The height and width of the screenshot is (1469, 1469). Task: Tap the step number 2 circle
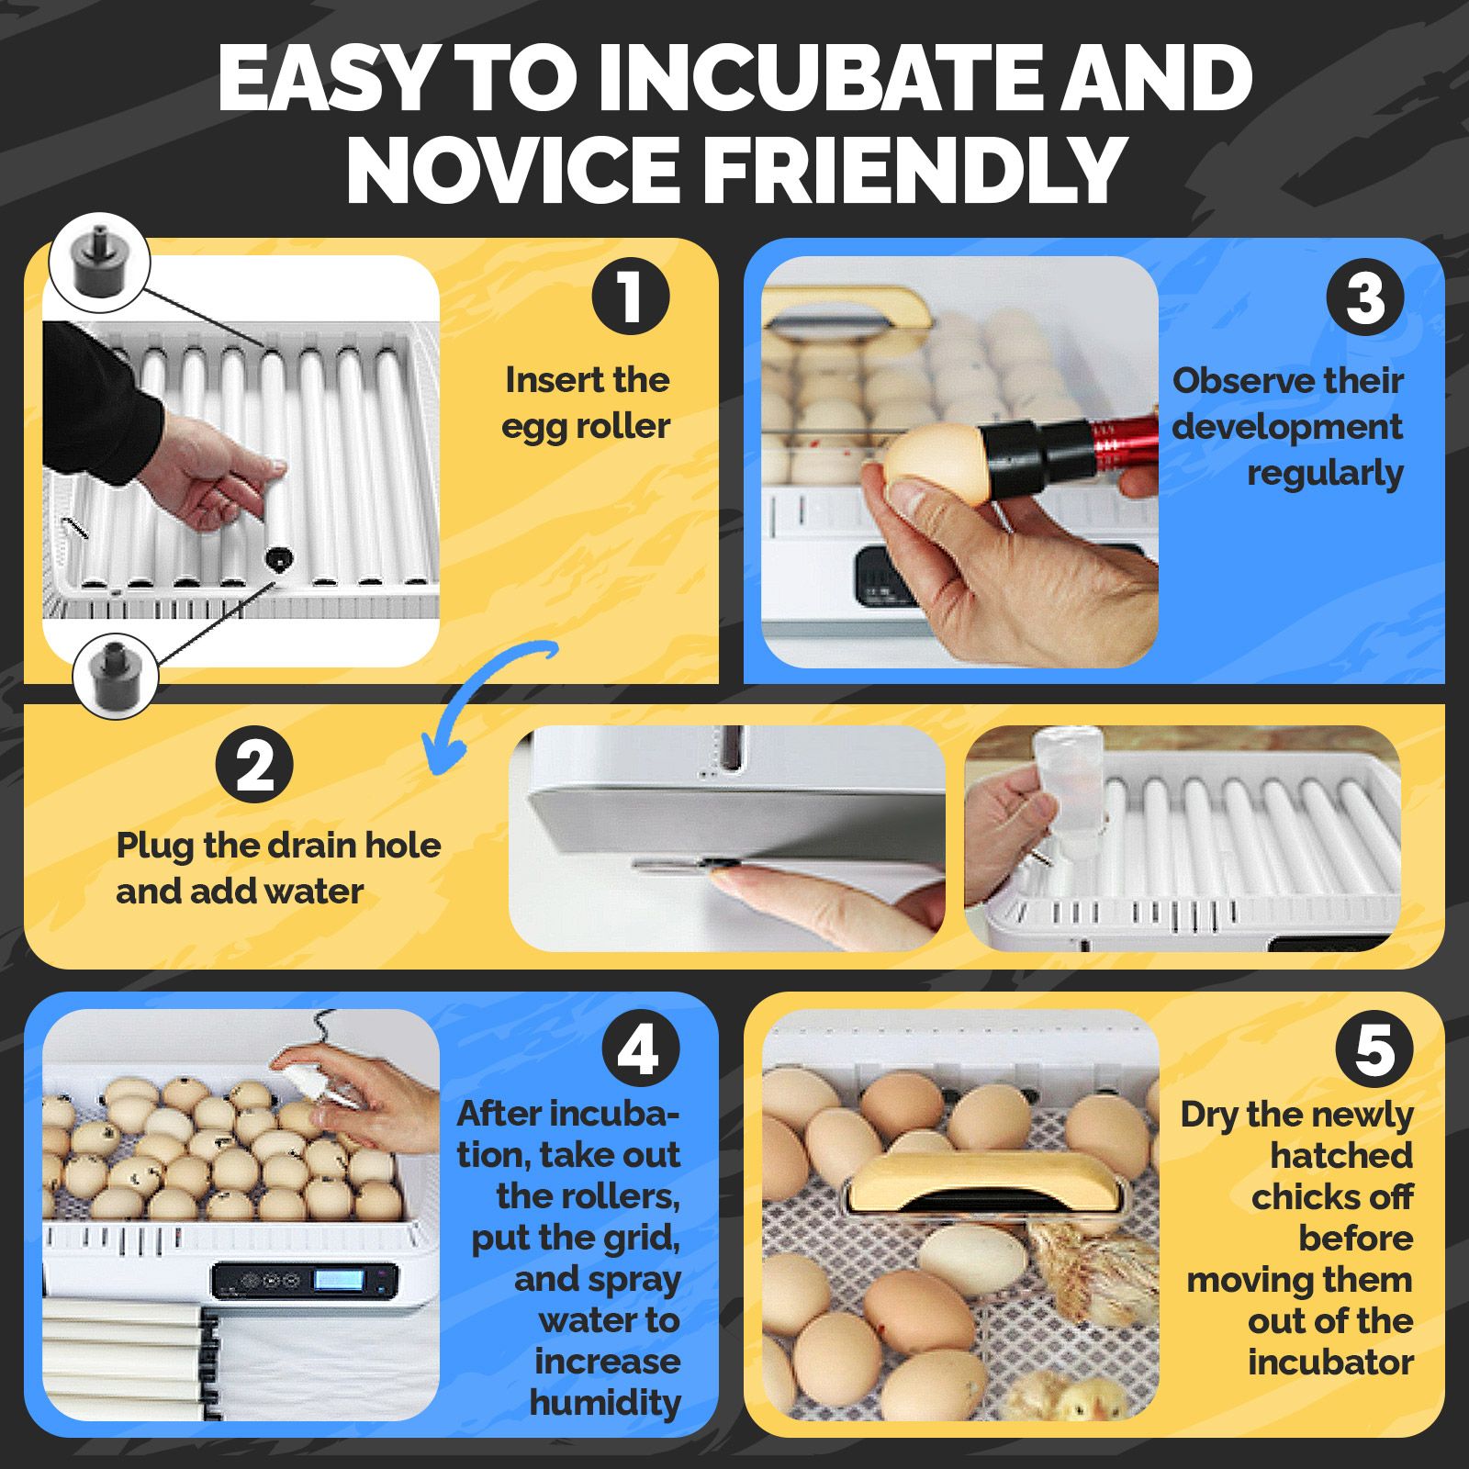click(x=254, y=764)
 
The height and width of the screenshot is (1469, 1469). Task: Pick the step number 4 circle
click(x=640, y=1048)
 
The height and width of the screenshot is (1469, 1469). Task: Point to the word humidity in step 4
click(x=605, y=1402)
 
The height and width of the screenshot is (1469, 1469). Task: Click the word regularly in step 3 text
click(x=1325, y=474)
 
